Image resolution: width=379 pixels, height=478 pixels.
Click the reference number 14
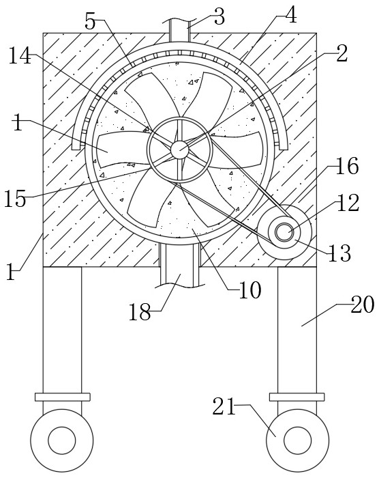20,56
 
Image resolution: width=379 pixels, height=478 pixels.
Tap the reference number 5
90,21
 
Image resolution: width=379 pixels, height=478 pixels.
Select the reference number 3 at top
219,17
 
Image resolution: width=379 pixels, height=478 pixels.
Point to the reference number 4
290,15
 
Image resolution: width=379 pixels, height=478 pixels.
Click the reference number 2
342,55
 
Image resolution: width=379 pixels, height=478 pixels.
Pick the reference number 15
15,199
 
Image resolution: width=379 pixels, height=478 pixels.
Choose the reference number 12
348,203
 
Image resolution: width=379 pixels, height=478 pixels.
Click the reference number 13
339,253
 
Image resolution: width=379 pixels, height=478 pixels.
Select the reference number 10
249,290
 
